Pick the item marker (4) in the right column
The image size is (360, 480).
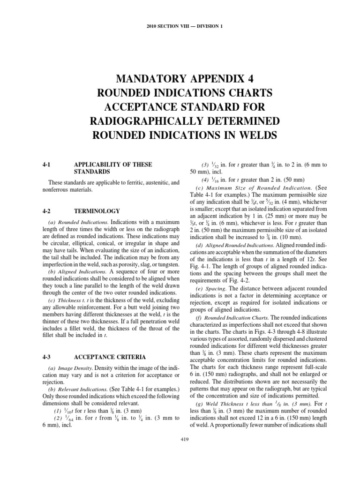[206, 180]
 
